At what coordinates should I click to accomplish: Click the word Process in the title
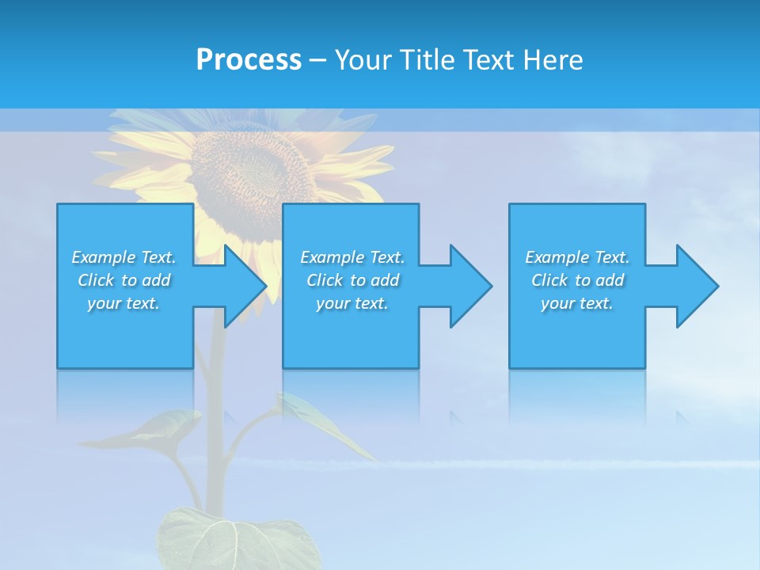249,60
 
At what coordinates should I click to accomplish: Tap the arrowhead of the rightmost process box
696,286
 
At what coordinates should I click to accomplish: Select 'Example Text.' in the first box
123,257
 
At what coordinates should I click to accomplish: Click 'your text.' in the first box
123,303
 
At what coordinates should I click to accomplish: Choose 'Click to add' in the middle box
352,280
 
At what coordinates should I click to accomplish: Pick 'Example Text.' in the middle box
352,257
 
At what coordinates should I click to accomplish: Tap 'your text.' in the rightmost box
576,303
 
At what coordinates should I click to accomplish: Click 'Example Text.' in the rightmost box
576,257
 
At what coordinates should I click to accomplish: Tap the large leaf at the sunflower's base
230,538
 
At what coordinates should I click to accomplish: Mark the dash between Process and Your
318,60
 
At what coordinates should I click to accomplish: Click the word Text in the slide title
488,60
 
